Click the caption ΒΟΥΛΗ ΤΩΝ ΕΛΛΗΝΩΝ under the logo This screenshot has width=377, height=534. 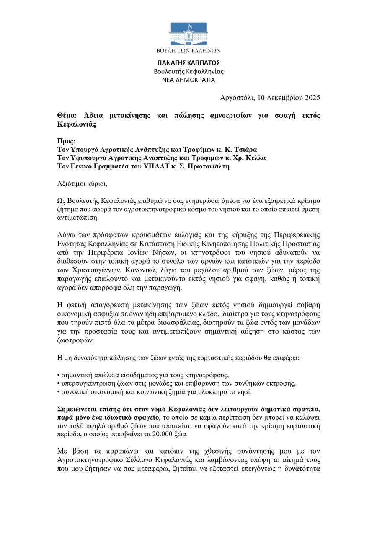(x=188, y=51)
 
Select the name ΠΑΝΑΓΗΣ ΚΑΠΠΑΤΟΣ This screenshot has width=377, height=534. (x=188, y=63)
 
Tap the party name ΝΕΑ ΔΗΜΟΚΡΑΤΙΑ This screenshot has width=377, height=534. (x=188, y=80)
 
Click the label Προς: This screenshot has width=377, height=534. (x=66, y=142)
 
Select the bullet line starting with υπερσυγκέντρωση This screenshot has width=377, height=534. (x=176, y=384)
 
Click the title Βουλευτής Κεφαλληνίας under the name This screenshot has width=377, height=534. (x=188, y=71)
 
